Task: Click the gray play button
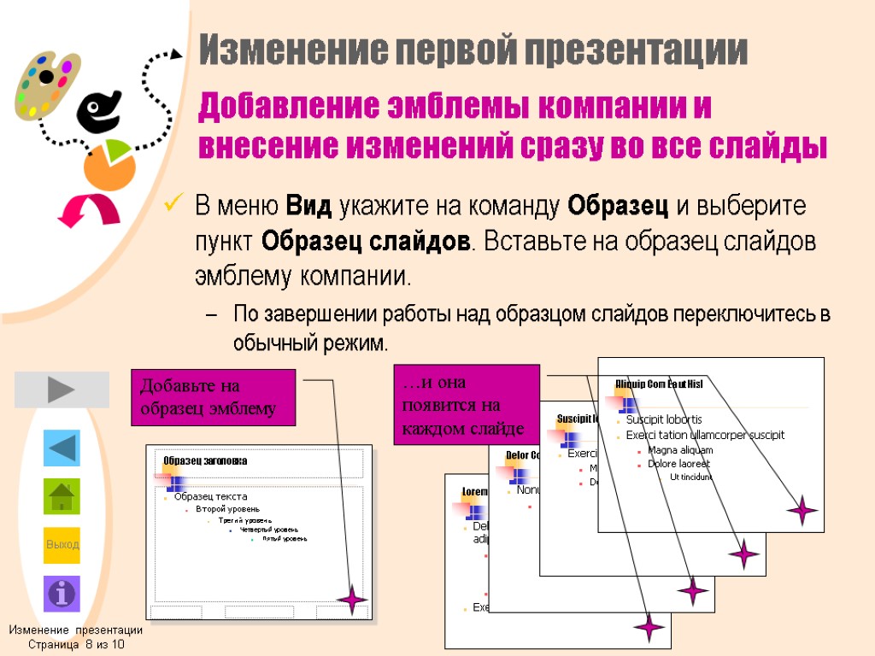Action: [x=62, y=389]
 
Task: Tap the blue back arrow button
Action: [x=62, y=448]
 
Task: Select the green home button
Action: [x=62, y=496]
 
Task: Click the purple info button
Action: [x=62, y=594]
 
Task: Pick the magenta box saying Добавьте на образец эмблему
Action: [x=213, y=397]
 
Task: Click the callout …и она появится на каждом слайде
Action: [x=466, y=404]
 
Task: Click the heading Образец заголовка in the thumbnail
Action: [x=205, y=460]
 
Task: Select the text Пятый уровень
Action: [x=285, y=539]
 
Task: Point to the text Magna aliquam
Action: [x=680, y=450]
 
